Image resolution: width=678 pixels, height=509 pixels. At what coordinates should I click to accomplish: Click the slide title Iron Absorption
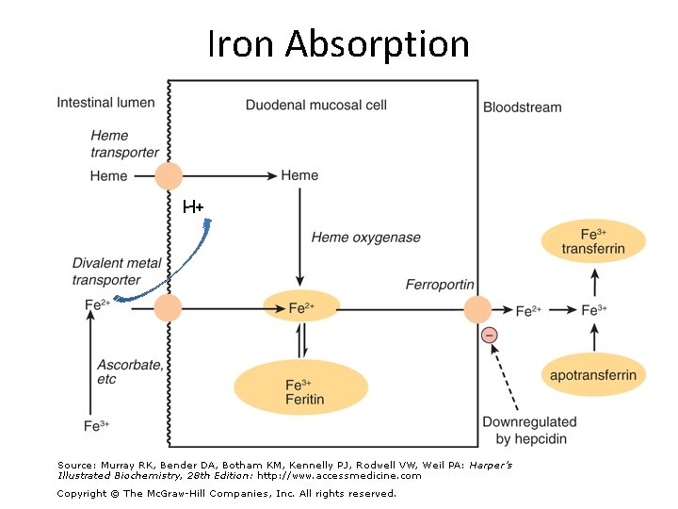pyautogui.click(x=338, y=43)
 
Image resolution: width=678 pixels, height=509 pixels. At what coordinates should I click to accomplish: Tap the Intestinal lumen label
pyautogui.click(x=105, y=103)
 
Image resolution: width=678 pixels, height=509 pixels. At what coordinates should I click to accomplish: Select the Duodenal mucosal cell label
pyautogui.click(x=316, y=105)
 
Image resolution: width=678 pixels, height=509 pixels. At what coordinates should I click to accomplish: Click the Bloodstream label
pyautogui.click(x=522, y=107)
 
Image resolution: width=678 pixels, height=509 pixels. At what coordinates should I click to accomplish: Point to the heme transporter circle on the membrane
pyautogui.click(x=168, y=175)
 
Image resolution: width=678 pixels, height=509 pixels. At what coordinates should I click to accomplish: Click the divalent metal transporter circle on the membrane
pyautogui.click(x=168, y=308)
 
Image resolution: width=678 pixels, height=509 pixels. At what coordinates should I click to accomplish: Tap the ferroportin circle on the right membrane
pyautogui.click(x=477, y=309)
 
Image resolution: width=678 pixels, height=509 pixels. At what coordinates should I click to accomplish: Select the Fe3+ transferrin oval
pyautogui.click(x=593, y=240)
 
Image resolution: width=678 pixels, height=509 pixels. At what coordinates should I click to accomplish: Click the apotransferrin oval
pyautogui.click(x=593, y=375)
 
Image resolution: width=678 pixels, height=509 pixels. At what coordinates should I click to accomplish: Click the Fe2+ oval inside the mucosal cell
pyautogui.click(x=300, y=307)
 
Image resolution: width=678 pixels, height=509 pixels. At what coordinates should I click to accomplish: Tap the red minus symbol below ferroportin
pyautogui.click(x=489, y=335)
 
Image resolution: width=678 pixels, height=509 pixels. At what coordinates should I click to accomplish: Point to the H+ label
pyautogui.click(x=193, y=206)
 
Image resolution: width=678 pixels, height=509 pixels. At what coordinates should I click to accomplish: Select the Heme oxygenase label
pyautogui.click(x=366, y=238)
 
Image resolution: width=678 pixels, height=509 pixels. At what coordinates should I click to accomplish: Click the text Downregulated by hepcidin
pyautogui.click(x=528, y=431)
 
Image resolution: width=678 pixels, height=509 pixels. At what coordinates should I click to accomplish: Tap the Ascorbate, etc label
pyautogui.click(x=128, y=370)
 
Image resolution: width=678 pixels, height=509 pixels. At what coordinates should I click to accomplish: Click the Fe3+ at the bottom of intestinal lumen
pyautogui.click(x=96, y=426)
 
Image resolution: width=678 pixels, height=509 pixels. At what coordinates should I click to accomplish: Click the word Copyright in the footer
pyautogui.click(x=88, y=493)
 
